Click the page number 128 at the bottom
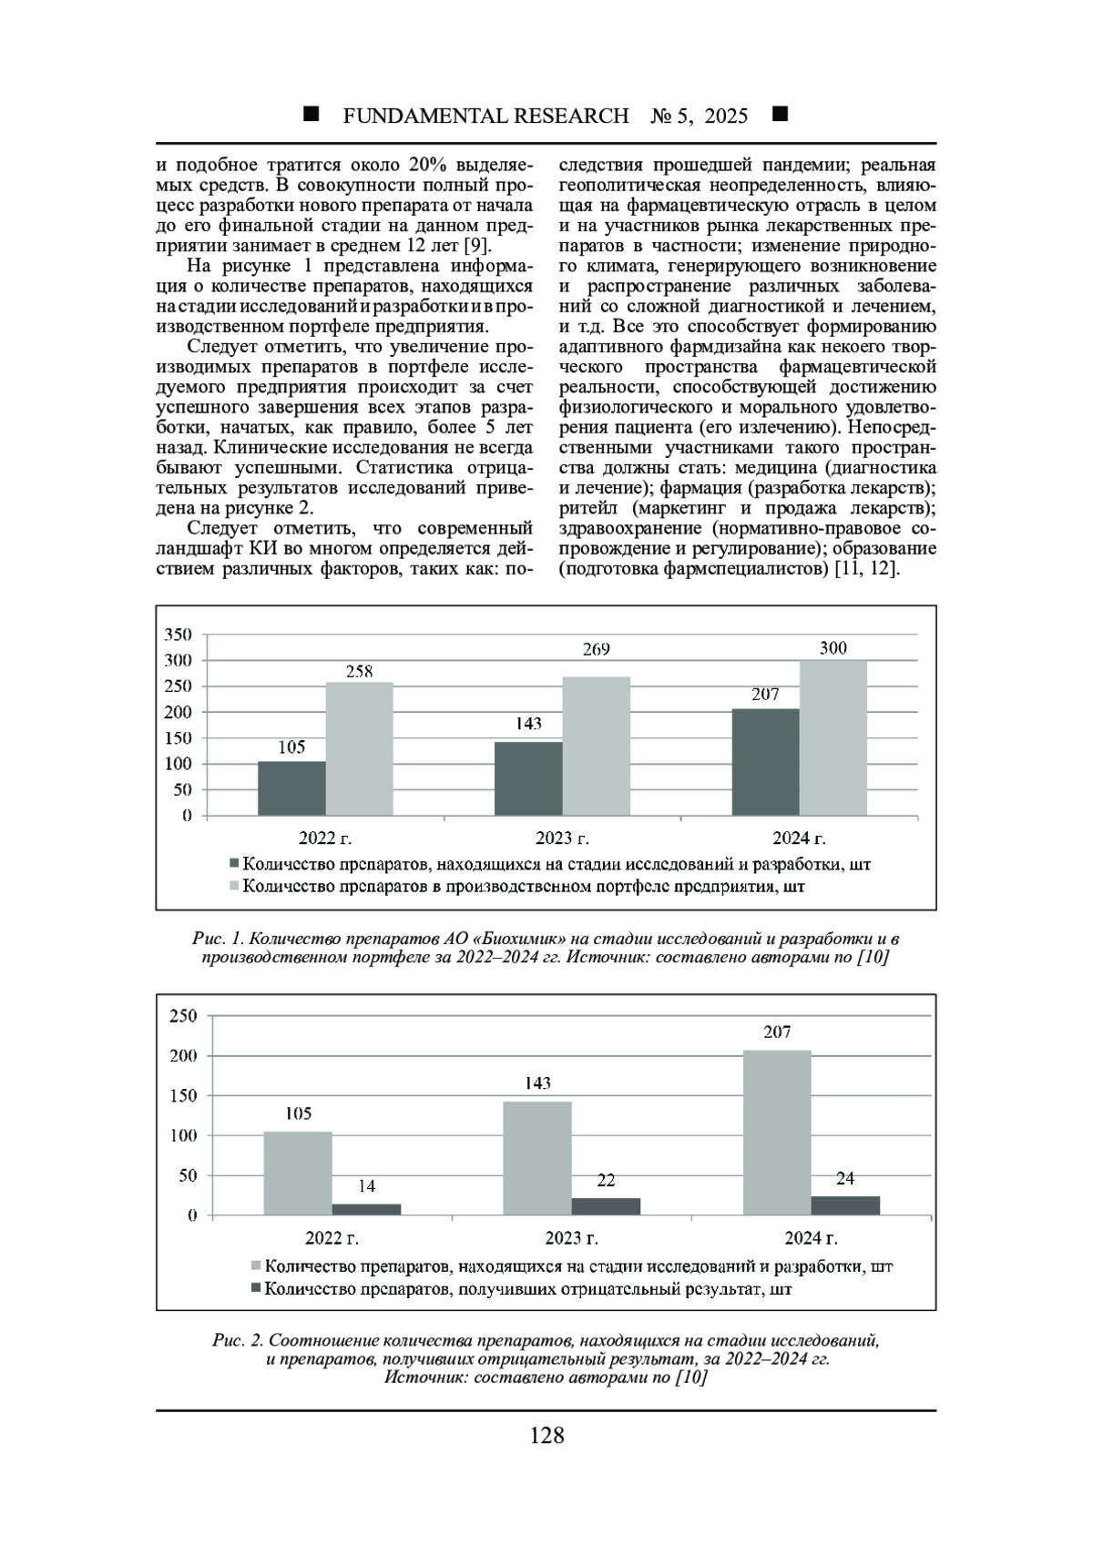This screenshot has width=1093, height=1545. tap(546, 1436)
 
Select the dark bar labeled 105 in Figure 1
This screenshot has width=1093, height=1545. tap(291, 788)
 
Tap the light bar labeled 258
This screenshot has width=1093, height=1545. tap(359, 748)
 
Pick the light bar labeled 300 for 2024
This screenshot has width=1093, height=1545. tap(833, 737)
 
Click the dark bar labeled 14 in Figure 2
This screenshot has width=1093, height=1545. tap(366, 1209)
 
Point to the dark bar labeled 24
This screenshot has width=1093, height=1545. tap(845, 1205)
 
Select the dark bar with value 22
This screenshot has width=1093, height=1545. tap(606, 1206)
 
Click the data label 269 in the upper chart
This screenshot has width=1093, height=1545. tap(596, 649)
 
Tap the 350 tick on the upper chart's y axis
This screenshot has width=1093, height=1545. tap(179, 635)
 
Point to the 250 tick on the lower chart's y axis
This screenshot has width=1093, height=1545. tap(183, 1016)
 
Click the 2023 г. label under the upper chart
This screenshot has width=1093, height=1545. tap(562, 839)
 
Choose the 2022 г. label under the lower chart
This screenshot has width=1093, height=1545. tap(332, 1238)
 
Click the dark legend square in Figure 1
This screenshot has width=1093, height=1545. tap(234, 862)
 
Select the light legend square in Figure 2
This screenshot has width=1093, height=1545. tap(256, 1265)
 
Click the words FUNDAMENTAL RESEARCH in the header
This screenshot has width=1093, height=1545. tap(485, 116)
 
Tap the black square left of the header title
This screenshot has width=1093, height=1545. tap(312, 115)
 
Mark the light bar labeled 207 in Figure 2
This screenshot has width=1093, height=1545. tap(777, 1133)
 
